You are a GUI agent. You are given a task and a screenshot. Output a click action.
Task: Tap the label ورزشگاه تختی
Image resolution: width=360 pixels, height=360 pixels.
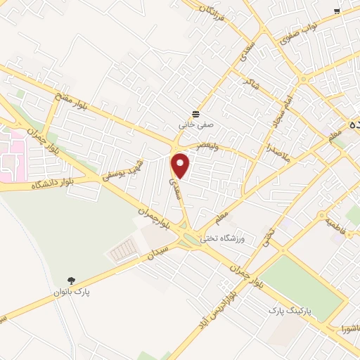(x=221, y=238)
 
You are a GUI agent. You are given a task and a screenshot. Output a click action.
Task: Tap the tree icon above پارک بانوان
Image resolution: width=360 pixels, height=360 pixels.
(x=70, y=280)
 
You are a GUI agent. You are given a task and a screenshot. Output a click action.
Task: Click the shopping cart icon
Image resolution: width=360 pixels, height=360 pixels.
(x=337, y=11)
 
